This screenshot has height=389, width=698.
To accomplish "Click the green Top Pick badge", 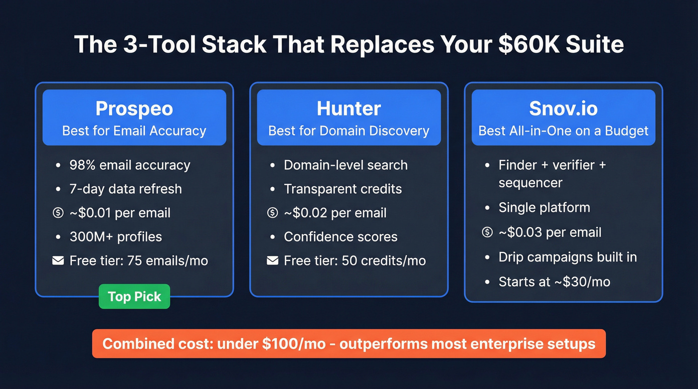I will pyautogui.click(x=134, y=296).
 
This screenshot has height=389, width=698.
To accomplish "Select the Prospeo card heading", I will pyautogui.click(x=134, y=109).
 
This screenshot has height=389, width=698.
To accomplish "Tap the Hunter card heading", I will pyautogui.click(x=349, y=109).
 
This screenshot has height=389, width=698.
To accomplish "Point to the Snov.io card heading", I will pyautogui.click(x=563, y=109).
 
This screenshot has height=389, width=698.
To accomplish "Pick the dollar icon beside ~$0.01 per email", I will pyautogui.click(x=58, y=213).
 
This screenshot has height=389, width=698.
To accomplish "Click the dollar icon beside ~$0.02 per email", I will pyautogui.click(x=272, y=213).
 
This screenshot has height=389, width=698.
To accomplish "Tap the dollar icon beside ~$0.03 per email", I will pyautogui.click(x=487, y=232).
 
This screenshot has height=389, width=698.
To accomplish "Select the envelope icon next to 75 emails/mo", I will pyautogui.click(x=58, y=260).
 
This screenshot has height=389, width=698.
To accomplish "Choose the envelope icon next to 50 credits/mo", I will pyautogui.click(x=272, y=260).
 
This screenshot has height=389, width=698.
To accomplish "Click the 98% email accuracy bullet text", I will pyautogui.click(x=130, y=165).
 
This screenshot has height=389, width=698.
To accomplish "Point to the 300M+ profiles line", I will pyautogui.click(x=116, y=237).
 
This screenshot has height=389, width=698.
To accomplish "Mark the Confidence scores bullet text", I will pyautogui.click(x=341, y=237).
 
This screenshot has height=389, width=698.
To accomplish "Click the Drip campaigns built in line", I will pyautogui.click(x=567, y=257).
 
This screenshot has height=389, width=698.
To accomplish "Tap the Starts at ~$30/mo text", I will pyautogui.click(x=554, y=282).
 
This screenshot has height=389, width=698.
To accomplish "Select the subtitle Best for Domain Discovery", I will pyautogui.click(x=349, y=131).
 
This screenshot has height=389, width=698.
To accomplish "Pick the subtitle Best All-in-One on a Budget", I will pyautogui.click(x=563, y=131).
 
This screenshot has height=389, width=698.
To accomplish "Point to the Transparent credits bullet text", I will pyautogui.click(x=343, y=189).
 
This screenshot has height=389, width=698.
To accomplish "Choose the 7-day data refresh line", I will pyautogui.click(x=126, y=189).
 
